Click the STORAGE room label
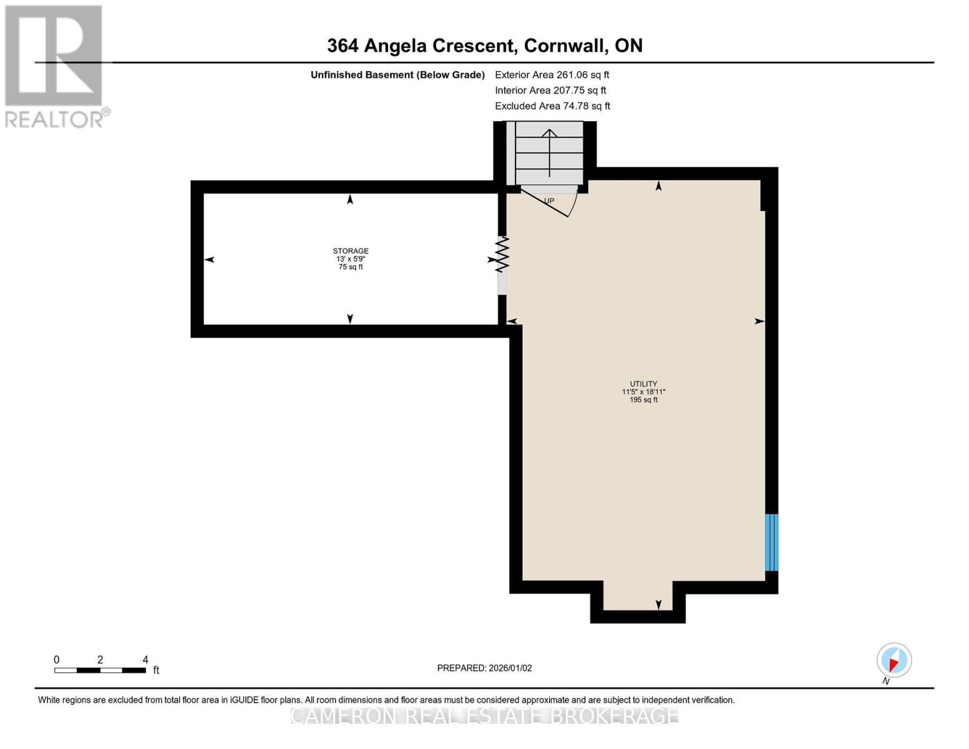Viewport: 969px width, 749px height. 350,251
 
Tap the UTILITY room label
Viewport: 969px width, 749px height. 643,384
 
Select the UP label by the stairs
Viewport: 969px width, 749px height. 548,201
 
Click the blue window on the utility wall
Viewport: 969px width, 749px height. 771,542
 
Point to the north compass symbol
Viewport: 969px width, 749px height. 894,660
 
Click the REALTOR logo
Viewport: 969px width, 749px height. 54,66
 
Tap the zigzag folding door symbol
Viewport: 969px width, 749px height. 502,254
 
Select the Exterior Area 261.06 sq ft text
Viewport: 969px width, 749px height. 552,75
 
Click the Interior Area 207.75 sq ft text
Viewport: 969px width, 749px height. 550,91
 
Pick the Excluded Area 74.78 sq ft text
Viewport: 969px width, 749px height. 552,106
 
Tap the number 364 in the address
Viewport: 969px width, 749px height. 343,46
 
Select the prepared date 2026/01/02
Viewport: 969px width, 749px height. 510,668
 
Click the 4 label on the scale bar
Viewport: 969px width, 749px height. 145,659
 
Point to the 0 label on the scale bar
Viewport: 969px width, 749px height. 56,659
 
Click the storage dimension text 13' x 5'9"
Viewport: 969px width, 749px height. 350,259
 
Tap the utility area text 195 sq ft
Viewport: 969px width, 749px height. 643,399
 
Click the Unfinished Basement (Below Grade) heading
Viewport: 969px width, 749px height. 397,75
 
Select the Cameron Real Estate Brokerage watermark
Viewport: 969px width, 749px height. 484,715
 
